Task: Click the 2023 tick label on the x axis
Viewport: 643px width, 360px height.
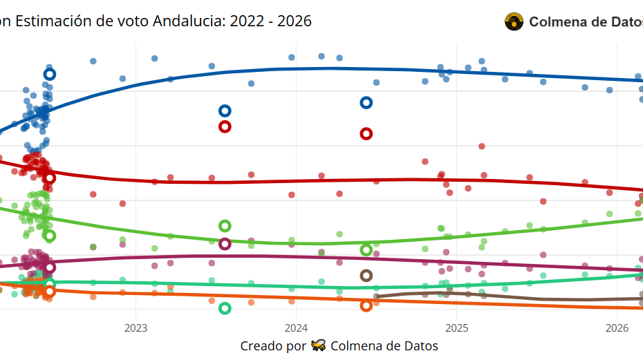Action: [x=136, y=327]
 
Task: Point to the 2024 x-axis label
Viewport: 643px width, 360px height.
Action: [x=296, y=327]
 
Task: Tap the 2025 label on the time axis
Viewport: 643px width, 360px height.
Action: [x=456, y=327]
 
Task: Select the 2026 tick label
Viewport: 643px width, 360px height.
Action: [x=616, y=327]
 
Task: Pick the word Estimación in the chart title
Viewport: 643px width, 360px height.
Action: [x=53, y=21]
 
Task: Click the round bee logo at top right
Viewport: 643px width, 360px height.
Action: [x=514, y=22]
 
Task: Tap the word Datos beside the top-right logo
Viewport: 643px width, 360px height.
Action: [x=616, y=22]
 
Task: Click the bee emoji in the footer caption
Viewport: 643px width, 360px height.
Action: [x=319, y=345]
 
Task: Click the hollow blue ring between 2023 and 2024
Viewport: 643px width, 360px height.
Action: [x=225, y=111]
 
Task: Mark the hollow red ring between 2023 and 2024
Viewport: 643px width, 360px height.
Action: [x=225, y=126]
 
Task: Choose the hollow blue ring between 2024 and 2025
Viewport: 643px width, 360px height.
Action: [x=366, y=103]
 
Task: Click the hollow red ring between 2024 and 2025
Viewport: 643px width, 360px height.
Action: [x=366, y=133]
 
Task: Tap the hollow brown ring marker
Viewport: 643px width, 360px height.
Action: [x=366, y=276]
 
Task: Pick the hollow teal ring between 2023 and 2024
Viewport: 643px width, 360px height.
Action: [x=225, y=308]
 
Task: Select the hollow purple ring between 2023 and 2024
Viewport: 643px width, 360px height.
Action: [x=225, y=244]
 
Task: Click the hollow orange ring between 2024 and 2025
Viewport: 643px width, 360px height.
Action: [x=366, y=305]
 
